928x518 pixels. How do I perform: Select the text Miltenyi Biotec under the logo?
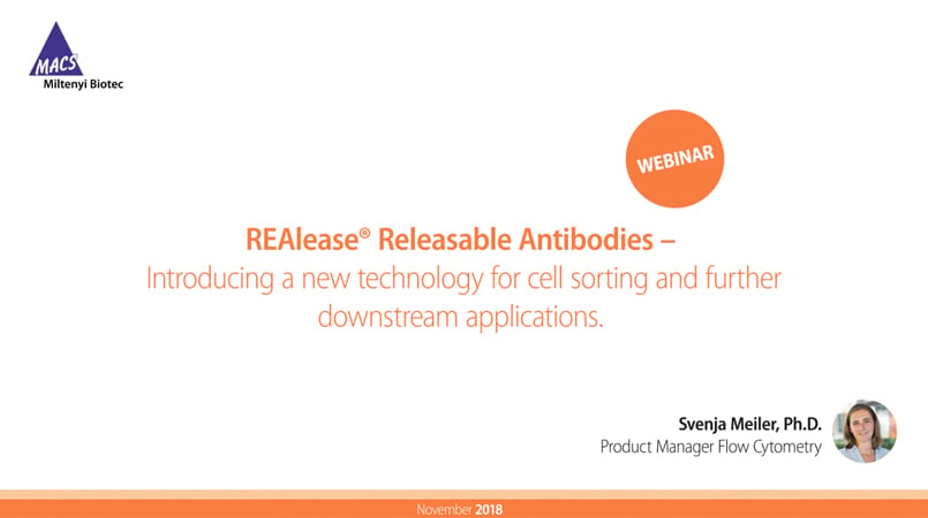(x=83, y=84)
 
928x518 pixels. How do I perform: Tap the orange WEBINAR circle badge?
(x=675, y=159)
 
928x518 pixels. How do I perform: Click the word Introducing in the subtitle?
(x=210, y=279)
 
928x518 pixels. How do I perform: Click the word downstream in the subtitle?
(x=388, y=316)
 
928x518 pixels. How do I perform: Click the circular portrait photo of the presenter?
(x=864, y=431)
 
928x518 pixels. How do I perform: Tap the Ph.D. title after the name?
(x=802, y=424)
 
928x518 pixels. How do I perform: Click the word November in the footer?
(x=444, y=509)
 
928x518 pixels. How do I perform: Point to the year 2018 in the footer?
(x=488, y=509)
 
